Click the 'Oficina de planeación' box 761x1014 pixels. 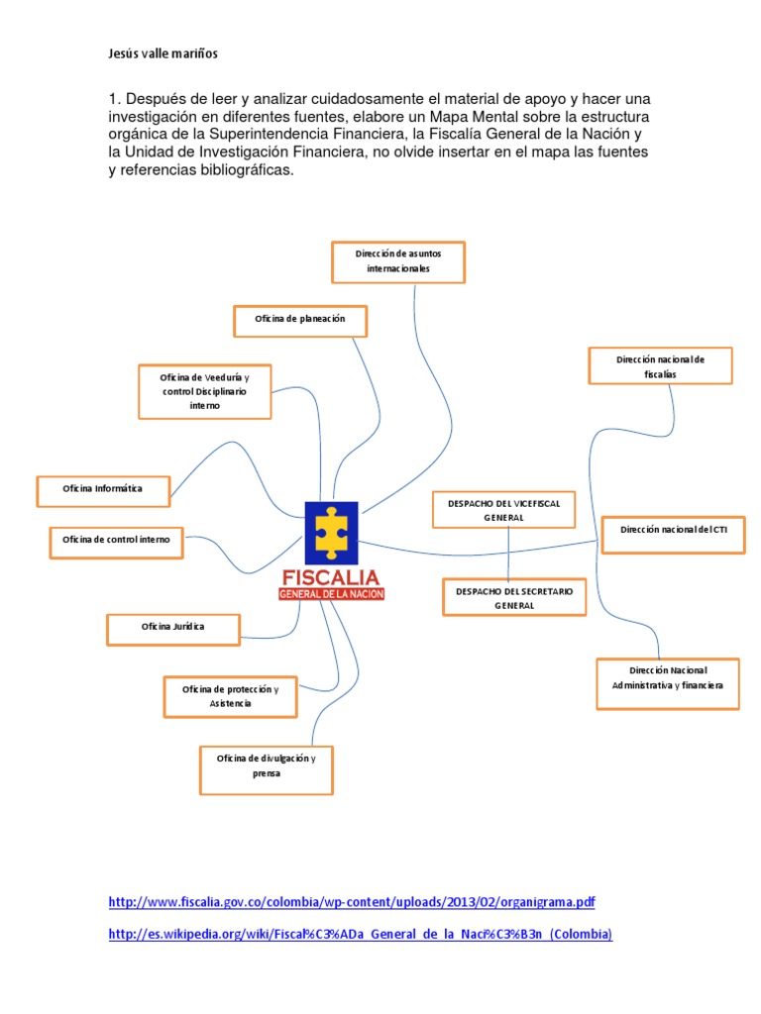tap(300, 320)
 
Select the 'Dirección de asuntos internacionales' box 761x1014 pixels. tap(397, 261)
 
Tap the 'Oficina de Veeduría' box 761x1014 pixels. tap(205, 391)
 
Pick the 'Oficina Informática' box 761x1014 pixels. tap(103, 489)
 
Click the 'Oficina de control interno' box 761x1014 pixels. tap(117, 541)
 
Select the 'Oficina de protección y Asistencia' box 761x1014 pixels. tap(230, 696)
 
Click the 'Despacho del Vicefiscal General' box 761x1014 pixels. tap(504, 511)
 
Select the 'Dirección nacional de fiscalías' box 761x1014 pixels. tap(660, 366)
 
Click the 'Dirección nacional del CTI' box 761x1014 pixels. tap(673, 532)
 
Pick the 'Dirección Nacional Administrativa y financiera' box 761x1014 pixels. tap(668, 683)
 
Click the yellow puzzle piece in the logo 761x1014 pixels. tap(331, 531)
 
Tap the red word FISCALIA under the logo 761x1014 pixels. tap(331, 576)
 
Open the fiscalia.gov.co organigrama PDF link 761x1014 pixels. tap(352, 903)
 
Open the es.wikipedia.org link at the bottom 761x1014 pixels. tap(361, 934)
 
